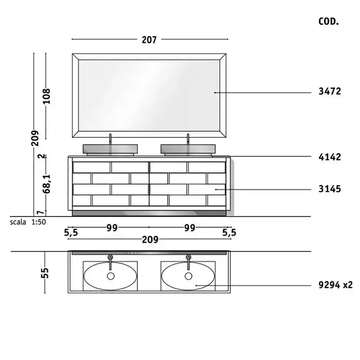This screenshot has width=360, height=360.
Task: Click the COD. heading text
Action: coord(329,22)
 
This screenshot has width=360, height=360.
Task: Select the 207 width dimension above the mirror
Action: coord(149,40)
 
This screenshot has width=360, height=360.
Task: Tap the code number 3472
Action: coord(330,92)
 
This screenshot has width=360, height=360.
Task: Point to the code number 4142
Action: coord(330,157)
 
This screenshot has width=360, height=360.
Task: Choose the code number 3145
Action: coord(330,189)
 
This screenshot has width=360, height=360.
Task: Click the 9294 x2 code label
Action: coord(335,285)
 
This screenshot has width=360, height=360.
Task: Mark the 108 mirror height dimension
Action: coord(46,96)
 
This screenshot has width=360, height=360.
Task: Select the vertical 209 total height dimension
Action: coord(35,138)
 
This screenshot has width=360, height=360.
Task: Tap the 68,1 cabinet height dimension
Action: coord(47,184)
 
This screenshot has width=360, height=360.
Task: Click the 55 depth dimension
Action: coord(45,273)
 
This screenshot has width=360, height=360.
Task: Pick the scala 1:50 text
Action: coord(28,222)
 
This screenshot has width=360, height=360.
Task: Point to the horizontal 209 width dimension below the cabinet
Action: coord(150,240)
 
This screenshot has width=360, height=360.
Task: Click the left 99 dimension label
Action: coord(112,228)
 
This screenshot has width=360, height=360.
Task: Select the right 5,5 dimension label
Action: coord(229,233)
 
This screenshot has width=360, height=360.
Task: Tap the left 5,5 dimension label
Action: coord(71,233)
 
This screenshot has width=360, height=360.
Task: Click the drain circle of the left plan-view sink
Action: coord(111,276)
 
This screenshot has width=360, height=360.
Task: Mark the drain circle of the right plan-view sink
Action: coord(189,276)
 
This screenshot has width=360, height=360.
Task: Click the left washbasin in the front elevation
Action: coord(110,150)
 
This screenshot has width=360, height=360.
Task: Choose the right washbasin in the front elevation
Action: coord(188,150)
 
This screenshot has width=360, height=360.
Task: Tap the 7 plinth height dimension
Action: coord(41,213)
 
